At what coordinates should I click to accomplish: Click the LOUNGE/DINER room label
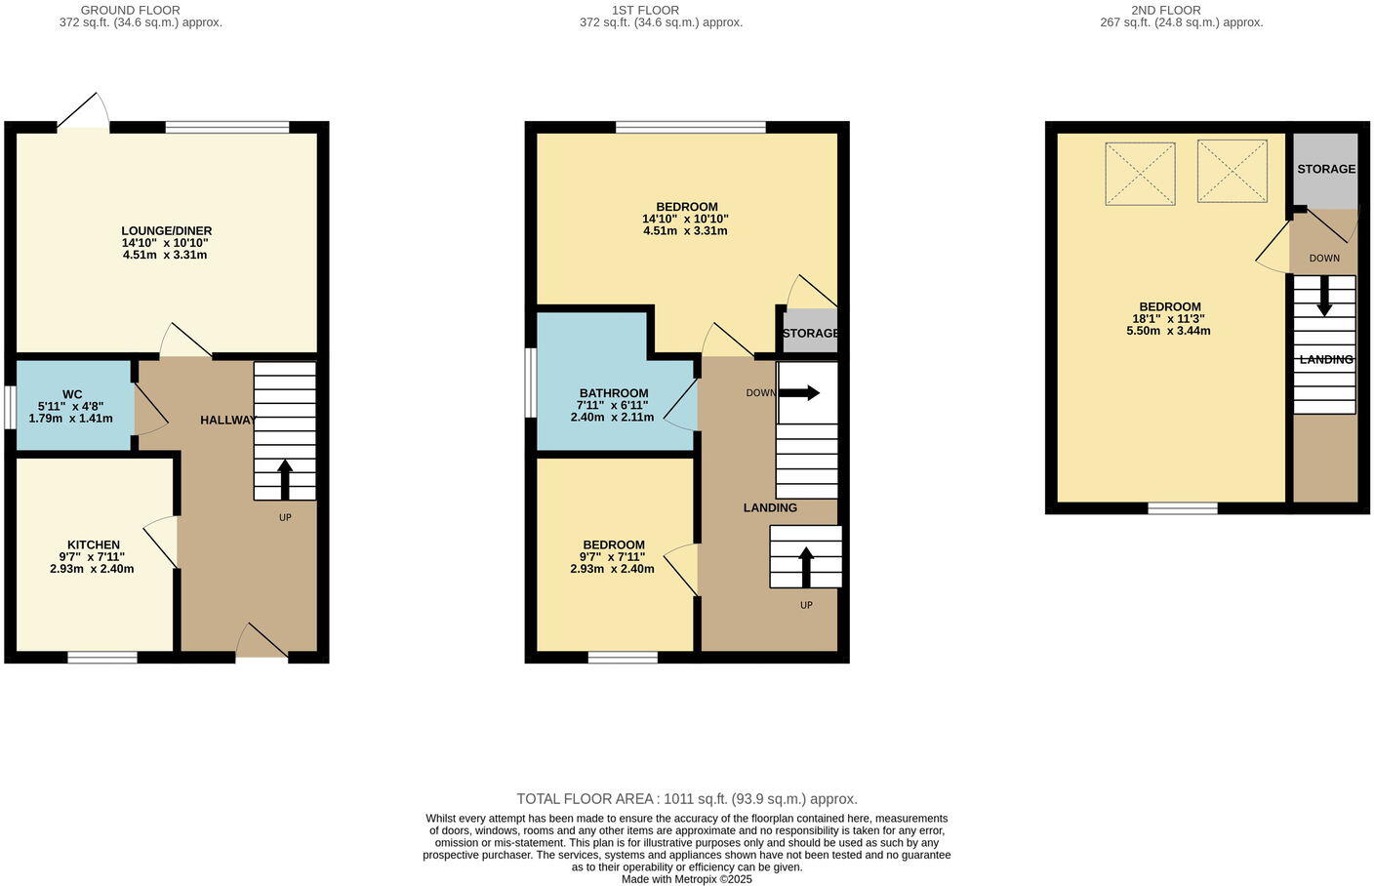point(166,230)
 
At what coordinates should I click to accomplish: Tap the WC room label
point(72,394)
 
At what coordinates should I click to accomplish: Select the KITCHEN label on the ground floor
point(94,544)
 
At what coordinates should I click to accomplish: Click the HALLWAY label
point(227,420)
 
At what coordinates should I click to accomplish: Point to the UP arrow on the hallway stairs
point(285,479)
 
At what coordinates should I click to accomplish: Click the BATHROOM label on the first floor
point(613,393)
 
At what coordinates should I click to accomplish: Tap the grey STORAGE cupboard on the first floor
point(810,332)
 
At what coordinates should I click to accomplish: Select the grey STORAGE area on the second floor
point(1324,170)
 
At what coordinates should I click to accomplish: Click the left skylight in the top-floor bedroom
point(1140,174)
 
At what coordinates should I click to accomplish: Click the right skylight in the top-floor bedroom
point(1233,172)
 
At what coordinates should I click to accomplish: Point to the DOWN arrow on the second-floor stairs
point(1324,296)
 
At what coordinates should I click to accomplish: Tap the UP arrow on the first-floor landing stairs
point(806,566)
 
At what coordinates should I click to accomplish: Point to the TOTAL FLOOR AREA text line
point(686,799)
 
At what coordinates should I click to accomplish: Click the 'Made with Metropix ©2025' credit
point(686,879)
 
